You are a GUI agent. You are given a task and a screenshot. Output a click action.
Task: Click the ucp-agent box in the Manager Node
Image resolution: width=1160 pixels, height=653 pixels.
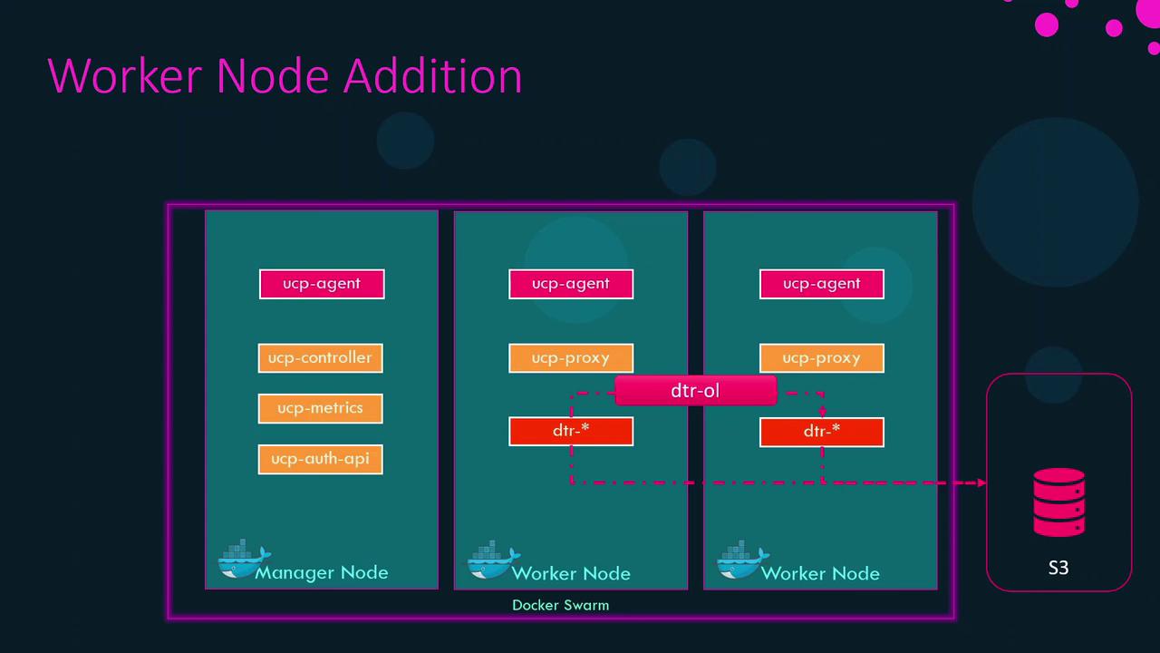322,284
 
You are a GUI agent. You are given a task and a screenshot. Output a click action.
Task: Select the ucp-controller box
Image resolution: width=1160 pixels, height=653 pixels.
320,357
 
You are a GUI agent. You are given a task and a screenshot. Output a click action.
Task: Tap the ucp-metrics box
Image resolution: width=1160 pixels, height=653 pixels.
320,408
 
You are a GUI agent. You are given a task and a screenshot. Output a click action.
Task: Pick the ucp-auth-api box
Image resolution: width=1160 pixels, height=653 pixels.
320,459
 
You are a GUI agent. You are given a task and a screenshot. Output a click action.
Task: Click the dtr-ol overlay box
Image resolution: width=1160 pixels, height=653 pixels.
695,391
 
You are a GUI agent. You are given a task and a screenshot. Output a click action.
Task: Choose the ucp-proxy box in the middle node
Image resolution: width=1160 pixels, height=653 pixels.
571,358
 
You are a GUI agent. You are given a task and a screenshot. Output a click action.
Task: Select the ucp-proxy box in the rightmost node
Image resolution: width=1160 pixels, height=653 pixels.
821,358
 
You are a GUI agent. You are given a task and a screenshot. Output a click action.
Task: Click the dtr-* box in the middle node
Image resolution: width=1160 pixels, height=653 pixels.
571,431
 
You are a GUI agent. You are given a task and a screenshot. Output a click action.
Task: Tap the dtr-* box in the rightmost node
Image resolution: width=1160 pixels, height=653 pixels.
821,431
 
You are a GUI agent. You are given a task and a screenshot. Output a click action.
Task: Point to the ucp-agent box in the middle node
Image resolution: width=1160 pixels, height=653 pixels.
571,284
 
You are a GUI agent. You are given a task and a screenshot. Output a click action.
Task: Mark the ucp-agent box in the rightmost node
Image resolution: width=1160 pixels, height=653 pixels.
821,284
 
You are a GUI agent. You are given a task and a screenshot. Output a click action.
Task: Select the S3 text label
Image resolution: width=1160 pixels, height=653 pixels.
1058,568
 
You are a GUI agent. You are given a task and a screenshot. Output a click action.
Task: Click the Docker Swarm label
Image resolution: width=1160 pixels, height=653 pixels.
560,605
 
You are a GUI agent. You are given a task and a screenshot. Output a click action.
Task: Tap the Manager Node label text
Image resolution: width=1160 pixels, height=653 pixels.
322,573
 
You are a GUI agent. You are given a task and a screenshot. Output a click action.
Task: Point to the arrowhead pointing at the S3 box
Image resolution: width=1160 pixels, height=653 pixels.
981,482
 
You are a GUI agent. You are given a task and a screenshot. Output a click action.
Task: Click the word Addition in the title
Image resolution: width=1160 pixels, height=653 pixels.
433,76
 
